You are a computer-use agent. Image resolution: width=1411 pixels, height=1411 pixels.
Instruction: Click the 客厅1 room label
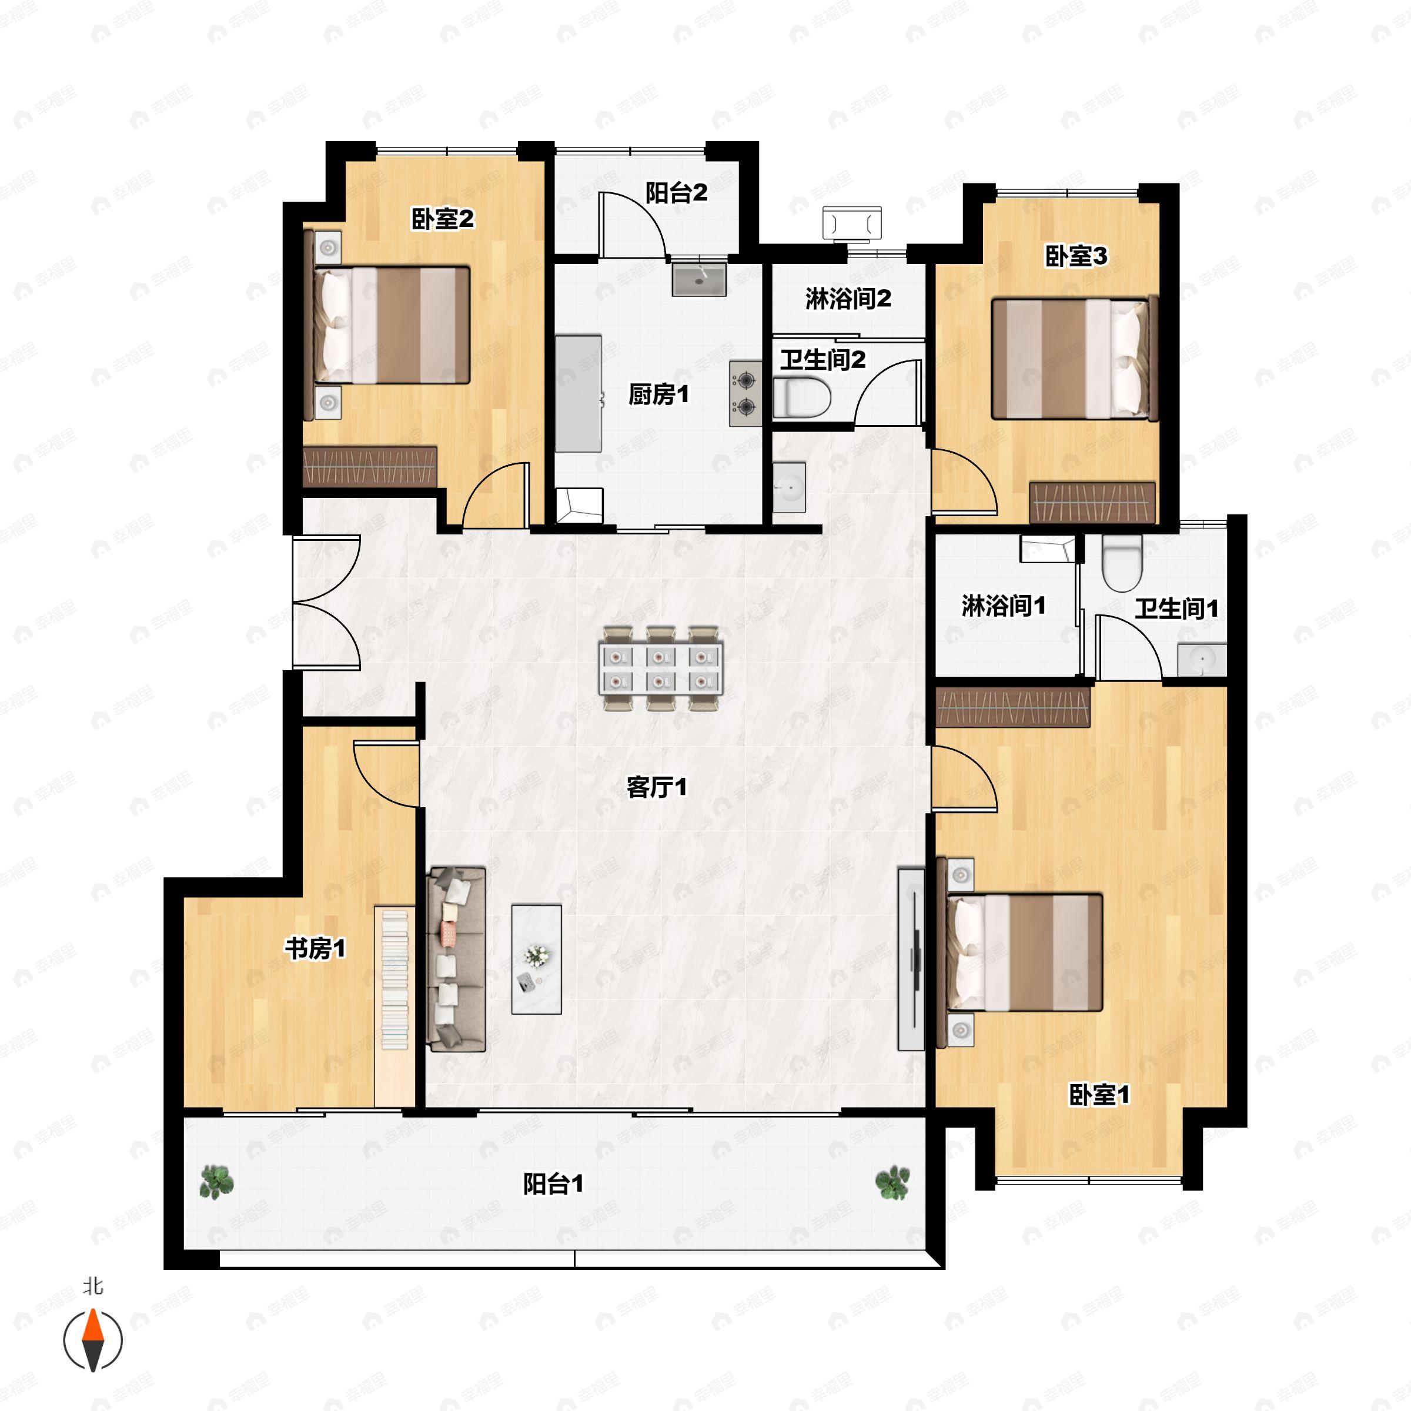657,787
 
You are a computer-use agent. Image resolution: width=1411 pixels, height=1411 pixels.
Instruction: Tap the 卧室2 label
443,218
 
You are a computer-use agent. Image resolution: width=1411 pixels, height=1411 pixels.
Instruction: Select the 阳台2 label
676,193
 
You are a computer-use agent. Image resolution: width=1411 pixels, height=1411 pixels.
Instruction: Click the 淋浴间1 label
1004,606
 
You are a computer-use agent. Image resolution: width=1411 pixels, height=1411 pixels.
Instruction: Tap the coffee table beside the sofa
537,959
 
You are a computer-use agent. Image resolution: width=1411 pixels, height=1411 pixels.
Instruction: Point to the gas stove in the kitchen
745,394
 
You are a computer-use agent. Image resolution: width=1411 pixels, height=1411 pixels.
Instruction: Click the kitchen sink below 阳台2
699,279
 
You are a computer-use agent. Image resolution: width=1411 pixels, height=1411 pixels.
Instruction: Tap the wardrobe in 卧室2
370,467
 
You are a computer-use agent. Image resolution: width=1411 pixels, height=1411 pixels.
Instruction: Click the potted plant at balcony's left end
216,1182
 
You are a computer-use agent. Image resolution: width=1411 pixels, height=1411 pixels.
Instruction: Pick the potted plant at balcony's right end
892,1182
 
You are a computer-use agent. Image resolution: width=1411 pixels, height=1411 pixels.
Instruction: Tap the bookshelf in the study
395,979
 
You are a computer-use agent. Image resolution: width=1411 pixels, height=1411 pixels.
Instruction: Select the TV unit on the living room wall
911,959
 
